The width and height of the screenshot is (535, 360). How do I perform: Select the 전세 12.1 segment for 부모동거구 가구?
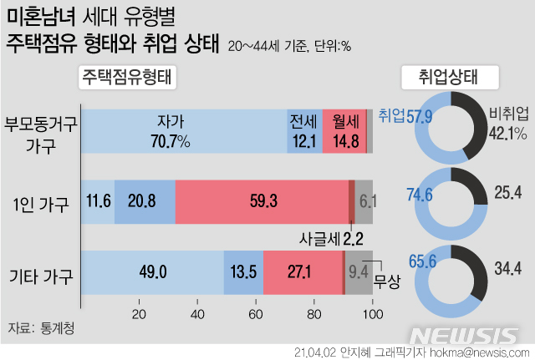click(303, 130)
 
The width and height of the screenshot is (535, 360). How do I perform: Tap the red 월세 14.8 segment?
click(344, 130)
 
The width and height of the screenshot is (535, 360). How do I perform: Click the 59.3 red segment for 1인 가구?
click(261, 201)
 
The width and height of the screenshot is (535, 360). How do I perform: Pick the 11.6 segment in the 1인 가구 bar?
click(99, 201)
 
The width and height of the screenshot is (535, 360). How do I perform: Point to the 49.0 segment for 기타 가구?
click(154, 272)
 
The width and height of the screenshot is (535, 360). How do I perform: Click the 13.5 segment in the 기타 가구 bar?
click(242, 272)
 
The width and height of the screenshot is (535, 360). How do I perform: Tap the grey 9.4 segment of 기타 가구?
click(358, 272)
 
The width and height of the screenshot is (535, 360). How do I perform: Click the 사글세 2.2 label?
click(331, 238)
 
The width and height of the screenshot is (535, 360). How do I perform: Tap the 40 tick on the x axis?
click(198, 314)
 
